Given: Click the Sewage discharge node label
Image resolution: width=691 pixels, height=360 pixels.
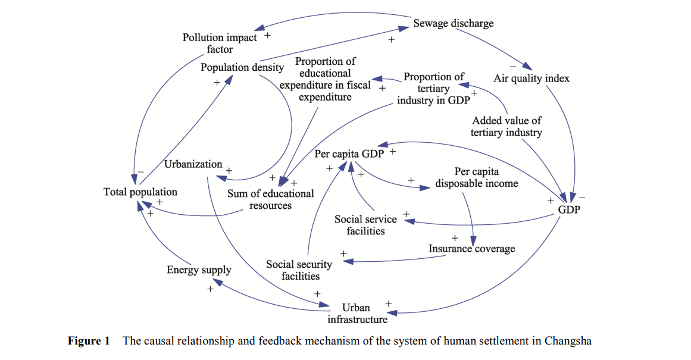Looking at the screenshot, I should coord(453,23).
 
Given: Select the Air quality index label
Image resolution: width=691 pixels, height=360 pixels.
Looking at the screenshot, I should coord(531,78).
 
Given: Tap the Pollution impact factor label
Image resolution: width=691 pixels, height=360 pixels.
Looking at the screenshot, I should coord(220,43).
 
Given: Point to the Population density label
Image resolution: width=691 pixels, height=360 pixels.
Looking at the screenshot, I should coord(242,67).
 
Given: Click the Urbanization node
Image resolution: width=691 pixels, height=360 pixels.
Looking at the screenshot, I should coord(193,164).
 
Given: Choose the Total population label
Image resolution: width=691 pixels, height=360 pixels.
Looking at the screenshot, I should coord(140,192).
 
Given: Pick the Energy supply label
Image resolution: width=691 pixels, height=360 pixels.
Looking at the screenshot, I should coord(199,270).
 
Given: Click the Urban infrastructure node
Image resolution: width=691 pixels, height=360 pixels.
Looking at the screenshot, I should coord(357,314).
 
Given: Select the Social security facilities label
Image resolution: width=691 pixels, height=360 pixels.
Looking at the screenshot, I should coord(299,270).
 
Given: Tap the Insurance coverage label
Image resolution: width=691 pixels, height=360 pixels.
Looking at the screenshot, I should coord(471,248).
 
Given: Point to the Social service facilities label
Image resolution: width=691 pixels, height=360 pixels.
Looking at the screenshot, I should coord(365,225).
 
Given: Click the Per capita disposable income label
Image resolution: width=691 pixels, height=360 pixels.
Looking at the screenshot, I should coord(476,177).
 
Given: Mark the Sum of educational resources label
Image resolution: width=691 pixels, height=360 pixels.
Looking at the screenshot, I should coord(270,199).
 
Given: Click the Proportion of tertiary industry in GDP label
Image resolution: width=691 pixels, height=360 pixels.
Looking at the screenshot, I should coord(433,89).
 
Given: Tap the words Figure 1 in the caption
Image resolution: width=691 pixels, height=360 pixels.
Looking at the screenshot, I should coord(89,341).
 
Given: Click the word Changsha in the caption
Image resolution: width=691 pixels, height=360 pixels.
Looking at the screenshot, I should coord(570,341).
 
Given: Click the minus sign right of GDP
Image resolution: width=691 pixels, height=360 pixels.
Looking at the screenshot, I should coord(582,197).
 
